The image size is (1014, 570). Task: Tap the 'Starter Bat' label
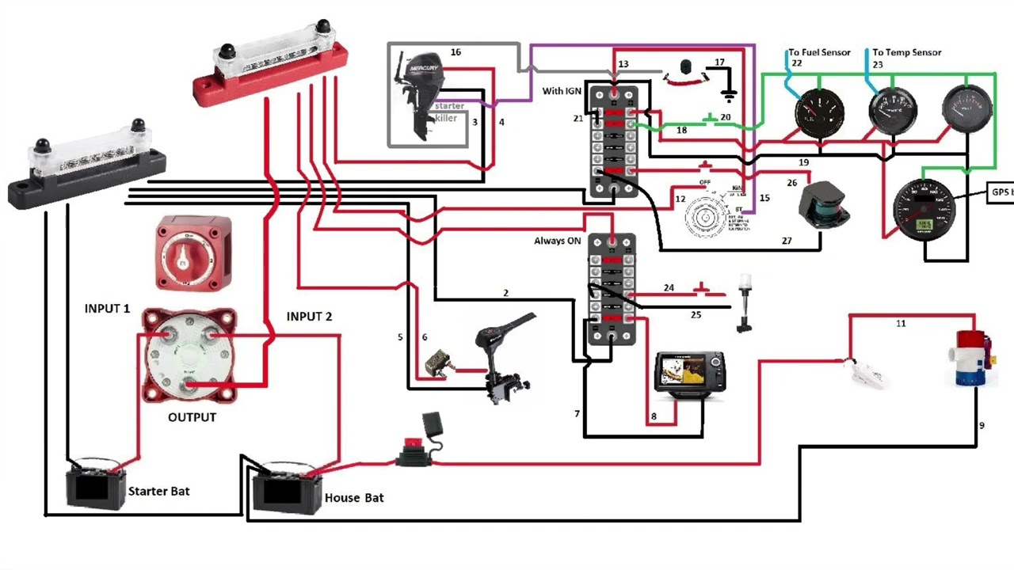pyautogui.click(x=158, y=492)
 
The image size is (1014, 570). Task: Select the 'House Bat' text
pyautogui.click(x=354, y=498)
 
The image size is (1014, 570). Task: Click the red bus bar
pyautogui.click(x=270, y=70)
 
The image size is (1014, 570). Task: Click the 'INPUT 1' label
pyautogui.click(x=107, y=309)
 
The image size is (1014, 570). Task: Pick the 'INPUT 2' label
pyautogui.click(x=309, y=317)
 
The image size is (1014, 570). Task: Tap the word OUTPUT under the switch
pyautogui.click(x=192, y=417)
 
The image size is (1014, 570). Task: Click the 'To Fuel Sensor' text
pyautogui.click(x=820, y=52)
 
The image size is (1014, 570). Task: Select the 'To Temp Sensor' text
pyautogui.click(x=907, y=52)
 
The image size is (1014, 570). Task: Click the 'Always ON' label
pyautogui.click(x=557, y=241)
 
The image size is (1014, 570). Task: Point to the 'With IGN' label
pyautogui.click(x=562, y=91)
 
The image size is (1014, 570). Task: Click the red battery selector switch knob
pyautogui.click(x=194, y=251)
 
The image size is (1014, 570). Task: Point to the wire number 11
pyautogui.click(x=901, y=324)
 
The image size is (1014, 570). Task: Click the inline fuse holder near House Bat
pyautogui.click(x=414, y=454)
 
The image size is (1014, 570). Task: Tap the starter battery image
pyautogui.click(x=95, y=484)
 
